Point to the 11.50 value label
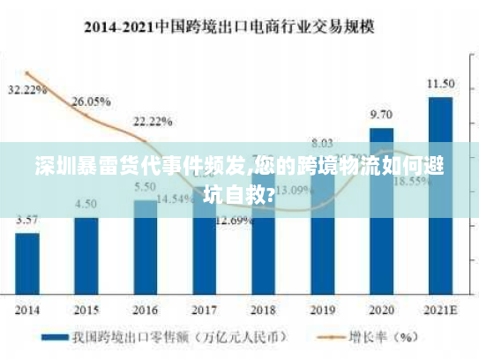(440, 84)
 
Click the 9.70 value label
(381, 115)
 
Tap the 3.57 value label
(26, 220)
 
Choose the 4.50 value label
(86, 204)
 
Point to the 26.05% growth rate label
(90, 101)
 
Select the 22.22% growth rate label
(152, 120)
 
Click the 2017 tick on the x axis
(205, 311)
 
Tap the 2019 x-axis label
(322, 311)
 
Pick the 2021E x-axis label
(440, 311)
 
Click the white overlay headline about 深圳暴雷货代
(239, 177)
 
